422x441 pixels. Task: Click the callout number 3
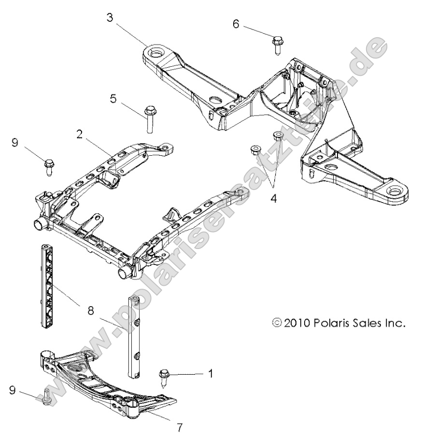pyautogui.click(x=111, y=18)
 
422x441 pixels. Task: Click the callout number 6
pyautogui.click(x=236, y=24)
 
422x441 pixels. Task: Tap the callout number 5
pyautogui.click(x=113, y=98)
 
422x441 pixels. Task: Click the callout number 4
pyautogui.click(x=274, y=199)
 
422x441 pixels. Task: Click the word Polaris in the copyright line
pyautogui.click(x=336, y=322)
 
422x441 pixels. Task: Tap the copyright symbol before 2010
pyautogui.click(x=277, y=322)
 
